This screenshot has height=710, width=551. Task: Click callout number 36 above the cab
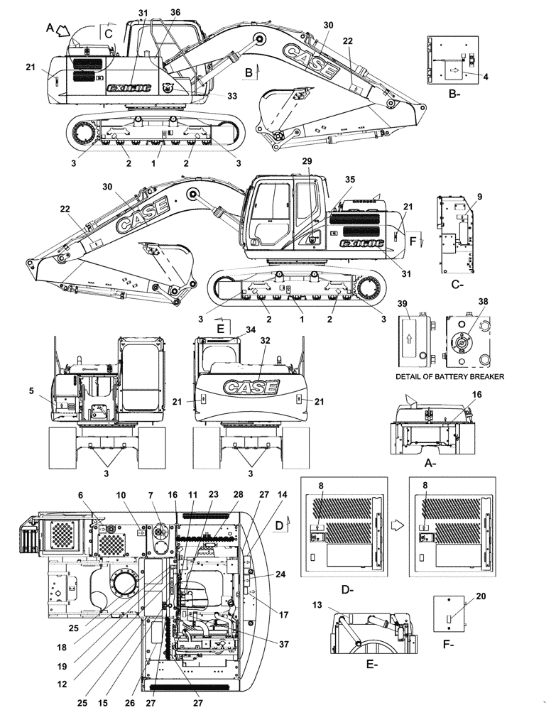(175, 13)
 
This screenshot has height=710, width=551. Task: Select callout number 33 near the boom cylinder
(211, 95)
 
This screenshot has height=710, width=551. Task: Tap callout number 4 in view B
(486, 76)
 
